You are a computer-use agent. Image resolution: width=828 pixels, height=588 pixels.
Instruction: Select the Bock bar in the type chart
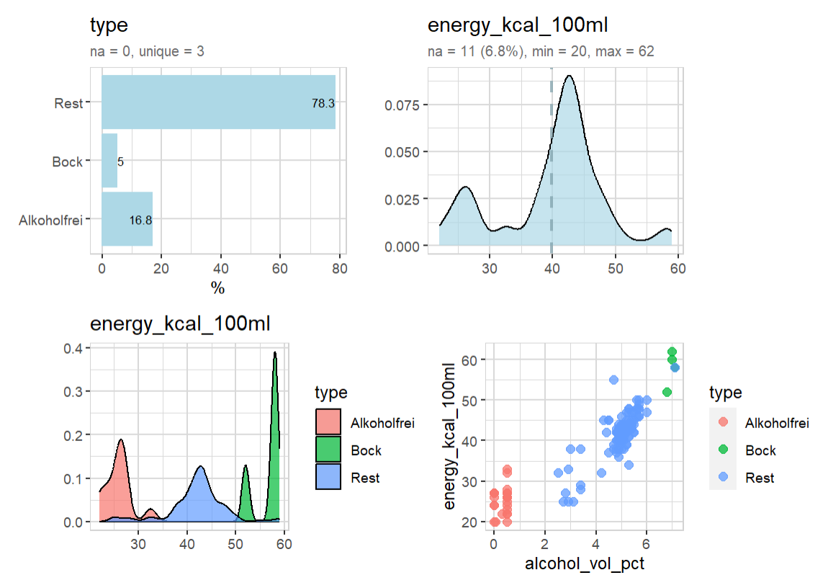click(x=109, y=161)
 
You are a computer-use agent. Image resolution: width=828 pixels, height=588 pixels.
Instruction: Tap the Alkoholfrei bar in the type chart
click(x=127, y=220)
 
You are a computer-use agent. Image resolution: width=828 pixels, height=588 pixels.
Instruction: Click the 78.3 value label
click(x=323, y=103)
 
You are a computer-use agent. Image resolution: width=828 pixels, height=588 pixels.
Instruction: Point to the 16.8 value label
click(x=140, y=220)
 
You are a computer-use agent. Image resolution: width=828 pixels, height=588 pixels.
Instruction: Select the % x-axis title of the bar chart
click(x=217, y=288)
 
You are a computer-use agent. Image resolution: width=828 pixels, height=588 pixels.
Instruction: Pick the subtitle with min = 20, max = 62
click(x=540, y=51)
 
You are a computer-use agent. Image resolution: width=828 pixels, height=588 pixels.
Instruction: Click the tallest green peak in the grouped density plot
click(x=275, y=355)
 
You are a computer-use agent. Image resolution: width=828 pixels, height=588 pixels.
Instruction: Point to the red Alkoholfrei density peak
click(x=121, y=441)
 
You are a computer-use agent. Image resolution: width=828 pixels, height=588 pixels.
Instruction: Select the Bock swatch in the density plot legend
click(x=328, y=450)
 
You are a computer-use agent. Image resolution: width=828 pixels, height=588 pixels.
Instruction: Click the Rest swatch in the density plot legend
click(x=328, y=478)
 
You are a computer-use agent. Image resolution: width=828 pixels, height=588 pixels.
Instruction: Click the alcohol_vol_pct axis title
click(x=584, y=563)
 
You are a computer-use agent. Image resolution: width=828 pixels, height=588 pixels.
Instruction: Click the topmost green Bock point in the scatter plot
click(x=672, y=352)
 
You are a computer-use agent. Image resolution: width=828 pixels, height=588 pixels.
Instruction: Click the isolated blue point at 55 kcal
click(x=613, y=380)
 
